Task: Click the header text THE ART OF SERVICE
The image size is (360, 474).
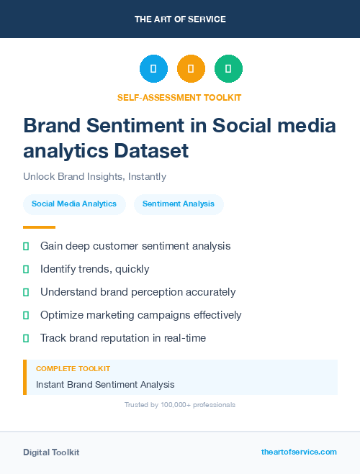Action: (180, 19)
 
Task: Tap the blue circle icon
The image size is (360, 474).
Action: (153, 68)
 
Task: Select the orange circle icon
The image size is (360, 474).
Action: (191, 68)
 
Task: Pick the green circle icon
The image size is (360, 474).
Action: (228, 68)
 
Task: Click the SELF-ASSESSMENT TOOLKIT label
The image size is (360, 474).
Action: (179, 97)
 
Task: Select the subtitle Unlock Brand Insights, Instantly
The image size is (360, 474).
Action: (94, 176)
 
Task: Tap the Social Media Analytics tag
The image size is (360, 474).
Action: (74, 204)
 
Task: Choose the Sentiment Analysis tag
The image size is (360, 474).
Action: (179, 204)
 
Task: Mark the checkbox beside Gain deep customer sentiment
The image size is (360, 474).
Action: (26, 246)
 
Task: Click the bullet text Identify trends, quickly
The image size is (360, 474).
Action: (94, 269)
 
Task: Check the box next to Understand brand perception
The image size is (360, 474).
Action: (26, 292)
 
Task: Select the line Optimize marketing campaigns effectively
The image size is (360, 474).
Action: (140, 315)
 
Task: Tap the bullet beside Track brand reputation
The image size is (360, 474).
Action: (26, 338)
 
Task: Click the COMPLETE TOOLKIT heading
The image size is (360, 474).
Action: (73, 368)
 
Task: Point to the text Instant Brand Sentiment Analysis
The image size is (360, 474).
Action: (105, 384)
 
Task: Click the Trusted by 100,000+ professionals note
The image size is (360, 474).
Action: (180, 405)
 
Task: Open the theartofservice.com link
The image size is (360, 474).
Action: (299, 452)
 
